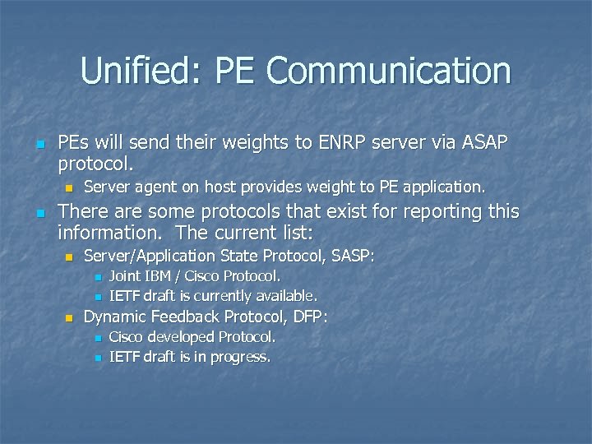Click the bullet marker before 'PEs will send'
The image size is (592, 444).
[38, 143]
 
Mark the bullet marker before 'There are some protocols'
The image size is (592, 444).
[38, 212]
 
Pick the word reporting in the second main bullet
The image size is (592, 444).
[442, 211]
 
